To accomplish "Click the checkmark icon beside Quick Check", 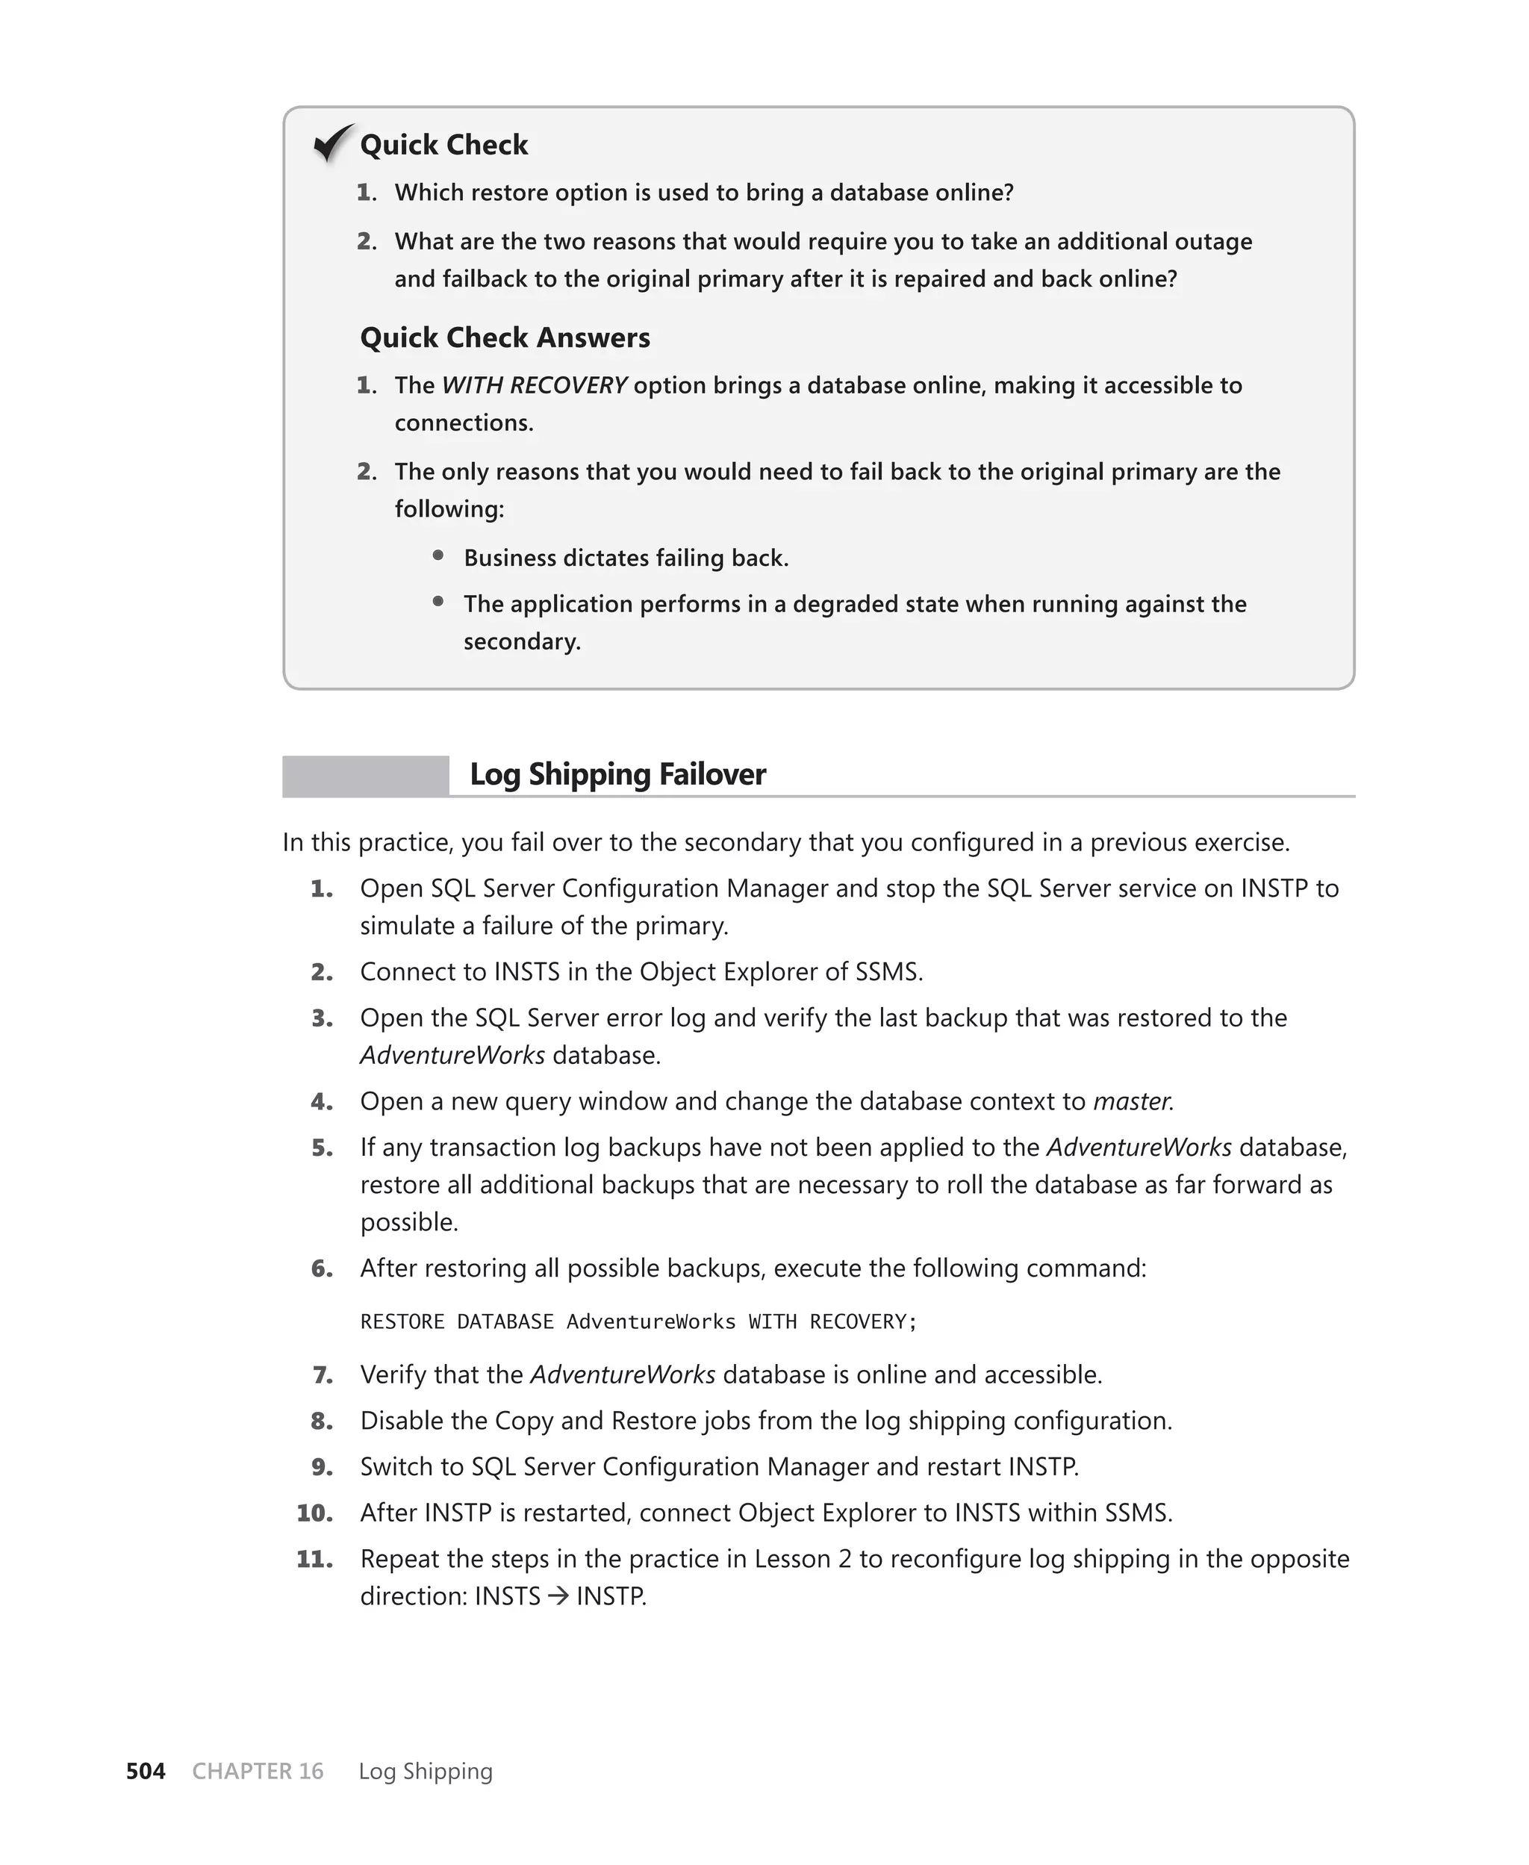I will tap(333, 143).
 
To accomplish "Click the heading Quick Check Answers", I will tap(505, 337).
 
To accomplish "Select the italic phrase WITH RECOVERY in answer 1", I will tap(534, 386).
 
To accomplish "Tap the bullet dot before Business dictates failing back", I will tap(437, 555).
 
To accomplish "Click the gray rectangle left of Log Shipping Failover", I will tap(366, 776).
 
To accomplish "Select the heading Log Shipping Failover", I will tap(617, 774).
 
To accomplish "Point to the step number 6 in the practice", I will tap(322, 1269).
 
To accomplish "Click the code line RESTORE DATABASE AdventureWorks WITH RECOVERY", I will tap(638, 1321).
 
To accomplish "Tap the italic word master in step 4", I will tap(1132, 1101).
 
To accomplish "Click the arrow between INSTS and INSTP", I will tap(558, 1596).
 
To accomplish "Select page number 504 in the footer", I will tap(146, 1771).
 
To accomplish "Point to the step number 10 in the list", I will tap(314, 1513).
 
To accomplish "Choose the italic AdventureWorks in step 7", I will tap(623, 1375).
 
